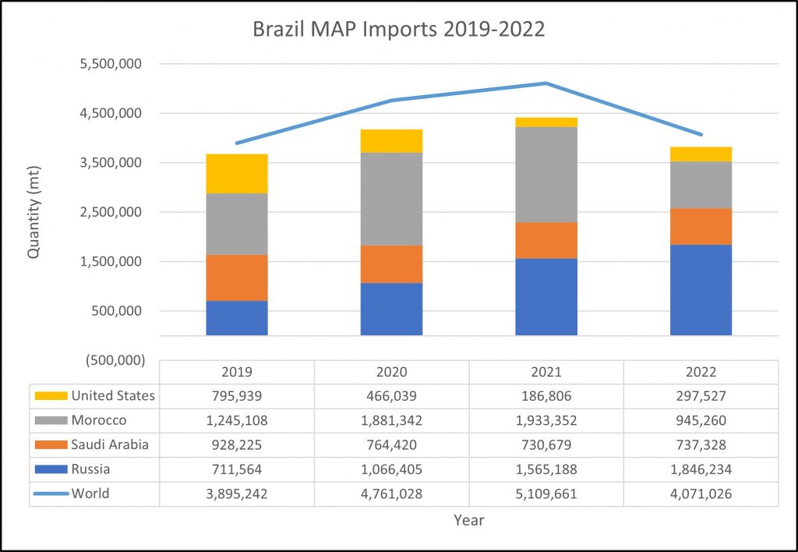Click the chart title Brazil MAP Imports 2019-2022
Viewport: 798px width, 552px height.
pos(398,30)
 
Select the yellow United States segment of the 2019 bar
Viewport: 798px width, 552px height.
pos(237,173)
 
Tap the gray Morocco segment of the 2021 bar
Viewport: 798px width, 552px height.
pos(546,174)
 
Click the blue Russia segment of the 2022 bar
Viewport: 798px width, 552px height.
pos(701,290)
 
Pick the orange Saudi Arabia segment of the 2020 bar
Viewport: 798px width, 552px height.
pos(391,264)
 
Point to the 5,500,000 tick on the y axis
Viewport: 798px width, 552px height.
pos(111,64)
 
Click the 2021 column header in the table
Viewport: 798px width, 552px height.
pos(546,372)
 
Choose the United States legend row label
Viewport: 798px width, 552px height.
pos(113,395)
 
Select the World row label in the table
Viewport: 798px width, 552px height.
pos(91,493)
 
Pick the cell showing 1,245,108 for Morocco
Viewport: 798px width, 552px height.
pos(237,420)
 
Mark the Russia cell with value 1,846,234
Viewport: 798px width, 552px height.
pos(701,469)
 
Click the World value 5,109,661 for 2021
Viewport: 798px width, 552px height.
pos(546,494)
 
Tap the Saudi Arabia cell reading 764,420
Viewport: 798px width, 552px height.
pos(391,445)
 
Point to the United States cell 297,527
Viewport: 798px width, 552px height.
pos(701,396)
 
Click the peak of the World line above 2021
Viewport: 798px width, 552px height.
pos(546,83)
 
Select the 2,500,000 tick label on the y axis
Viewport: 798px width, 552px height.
pos(111,212)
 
